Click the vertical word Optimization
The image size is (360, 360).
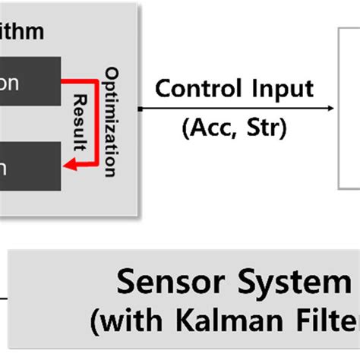[x=112, y=122]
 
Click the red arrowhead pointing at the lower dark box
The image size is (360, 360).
[x=68, y=163]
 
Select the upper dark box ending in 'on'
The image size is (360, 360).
[x=30, y=83]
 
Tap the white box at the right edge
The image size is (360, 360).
[x=349, y=106]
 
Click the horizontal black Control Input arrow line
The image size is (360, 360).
[x=228, y=108]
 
